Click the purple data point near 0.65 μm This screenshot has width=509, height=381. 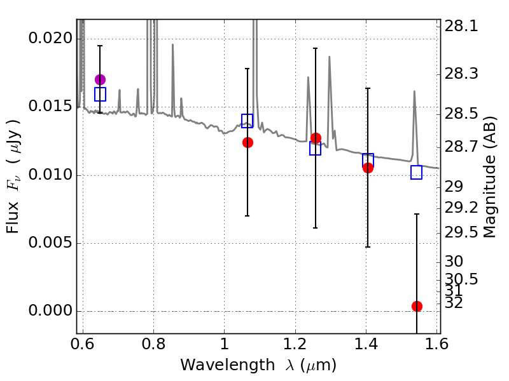coord(100,79)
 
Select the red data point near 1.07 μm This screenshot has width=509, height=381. coord(248,142)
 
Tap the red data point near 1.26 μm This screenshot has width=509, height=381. coord(316,138)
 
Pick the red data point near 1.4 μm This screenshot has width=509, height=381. coord(368,168)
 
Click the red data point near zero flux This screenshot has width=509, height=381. coord(417,306)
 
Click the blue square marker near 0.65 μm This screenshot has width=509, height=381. coord(100,94)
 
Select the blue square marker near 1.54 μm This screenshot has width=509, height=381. coord(417,172)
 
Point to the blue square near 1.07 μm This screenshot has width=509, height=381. coord(248,121)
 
